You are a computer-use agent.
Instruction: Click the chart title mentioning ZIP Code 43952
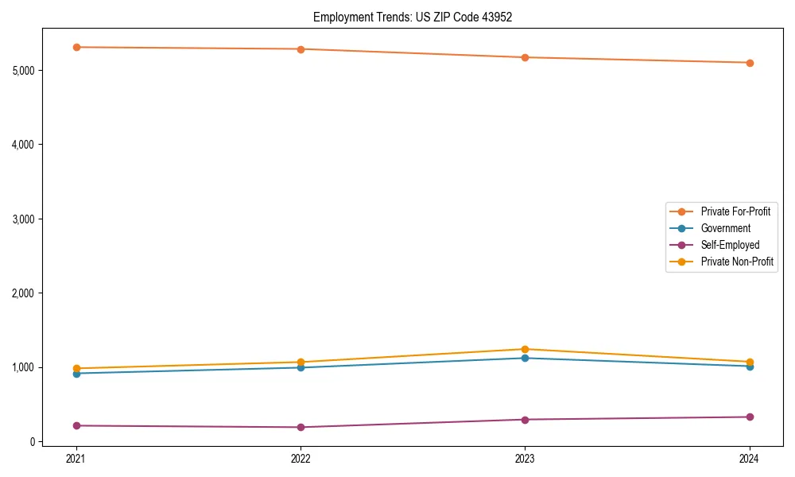coord(412,17)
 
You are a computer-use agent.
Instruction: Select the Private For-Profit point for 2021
coord(76,47)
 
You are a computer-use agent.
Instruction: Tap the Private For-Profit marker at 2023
coord(525,57)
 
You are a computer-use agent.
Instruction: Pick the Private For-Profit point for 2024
coord(750,63)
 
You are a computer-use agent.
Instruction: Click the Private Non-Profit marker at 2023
coord(525,349)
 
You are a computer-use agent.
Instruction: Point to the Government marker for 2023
coord(525,358)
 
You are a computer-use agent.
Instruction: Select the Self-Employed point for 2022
coord(301,427)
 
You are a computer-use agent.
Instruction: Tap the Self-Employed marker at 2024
coord(750,417)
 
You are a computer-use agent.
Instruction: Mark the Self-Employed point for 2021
coord(76,425)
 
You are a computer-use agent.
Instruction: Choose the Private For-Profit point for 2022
coord(301,49)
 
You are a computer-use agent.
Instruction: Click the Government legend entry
coord(725,228)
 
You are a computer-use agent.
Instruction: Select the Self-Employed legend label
coord(730,245)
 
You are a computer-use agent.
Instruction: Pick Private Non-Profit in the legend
coord(737,262)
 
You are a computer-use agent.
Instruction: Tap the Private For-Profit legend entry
coord(735,211)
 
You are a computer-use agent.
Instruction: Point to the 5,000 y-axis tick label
coord(24,71)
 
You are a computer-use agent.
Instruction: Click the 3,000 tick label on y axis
coord(24,219)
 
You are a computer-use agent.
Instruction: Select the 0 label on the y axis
coord(33,441)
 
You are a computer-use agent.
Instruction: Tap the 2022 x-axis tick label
coord(301,459)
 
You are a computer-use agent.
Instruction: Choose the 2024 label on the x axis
coord(750,459)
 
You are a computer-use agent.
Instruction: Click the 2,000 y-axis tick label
coord(24,293)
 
